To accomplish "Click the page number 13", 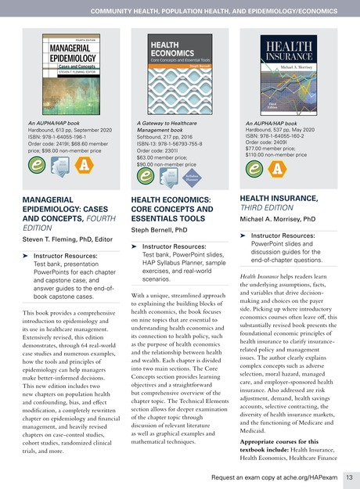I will point(350,476).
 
